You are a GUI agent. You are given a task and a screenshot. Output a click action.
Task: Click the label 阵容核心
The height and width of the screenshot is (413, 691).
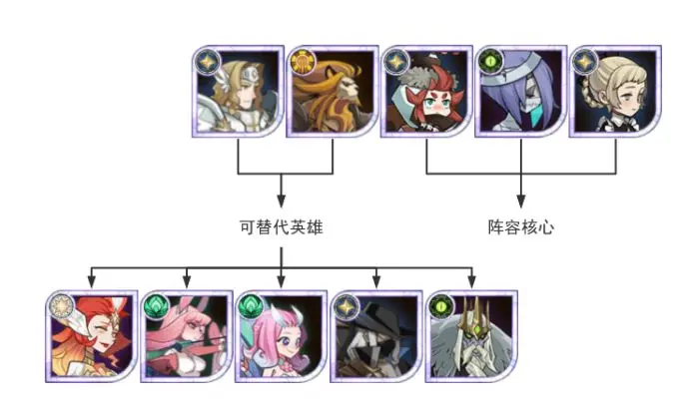coord(521,227)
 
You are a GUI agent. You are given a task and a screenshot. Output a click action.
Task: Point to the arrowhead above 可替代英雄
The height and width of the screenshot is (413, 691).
coord(282,199)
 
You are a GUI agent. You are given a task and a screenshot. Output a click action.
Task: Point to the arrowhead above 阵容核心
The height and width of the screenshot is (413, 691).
coord(521,199)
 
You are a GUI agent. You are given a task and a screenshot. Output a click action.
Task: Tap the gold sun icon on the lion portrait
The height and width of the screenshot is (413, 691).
coord(301,61)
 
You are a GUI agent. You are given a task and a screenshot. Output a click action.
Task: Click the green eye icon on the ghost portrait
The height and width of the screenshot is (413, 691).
coord(490,61)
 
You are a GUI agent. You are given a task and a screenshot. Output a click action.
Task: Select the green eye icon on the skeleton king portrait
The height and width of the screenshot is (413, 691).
coord(440,306)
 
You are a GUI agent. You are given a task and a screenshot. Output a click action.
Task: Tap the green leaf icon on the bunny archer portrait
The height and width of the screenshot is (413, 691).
coord(157,306)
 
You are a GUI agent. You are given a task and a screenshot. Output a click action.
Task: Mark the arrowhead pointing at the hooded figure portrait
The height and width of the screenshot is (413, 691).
coord(376,280)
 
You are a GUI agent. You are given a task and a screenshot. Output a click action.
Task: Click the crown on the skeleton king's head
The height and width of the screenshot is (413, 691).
coord(474,309)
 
